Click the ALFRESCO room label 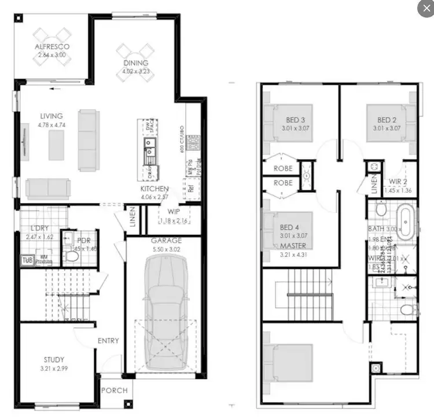pos(52,46)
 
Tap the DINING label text pos(135,63)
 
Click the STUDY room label pos(54,360)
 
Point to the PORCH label pos(114,390)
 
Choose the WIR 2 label pos(399,182)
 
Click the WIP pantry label pos(174,212)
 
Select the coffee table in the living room pos(56,145)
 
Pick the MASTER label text pos(293,246)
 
